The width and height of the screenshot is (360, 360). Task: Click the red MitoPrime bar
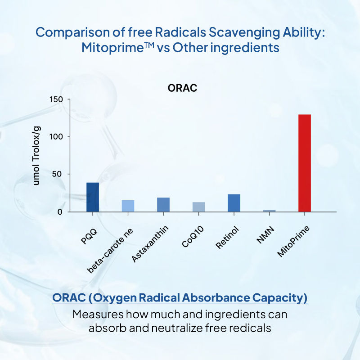(x=305, y=163)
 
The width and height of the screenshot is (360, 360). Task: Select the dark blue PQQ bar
(x=93, y=197)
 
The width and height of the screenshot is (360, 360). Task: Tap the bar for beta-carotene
(x=128, y=206)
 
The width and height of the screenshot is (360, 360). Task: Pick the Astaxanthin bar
(x=163, y=204)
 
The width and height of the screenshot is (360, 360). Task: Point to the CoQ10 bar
(x=198, y=207)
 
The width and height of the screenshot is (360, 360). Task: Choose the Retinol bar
(x=234, y=203)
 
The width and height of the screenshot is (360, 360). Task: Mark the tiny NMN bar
(x=269, y=211)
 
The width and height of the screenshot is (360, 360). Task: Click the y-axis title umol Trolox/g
(x=38, y=155)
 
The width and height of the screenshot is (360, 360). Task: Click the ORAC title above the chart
(x=182, y=88)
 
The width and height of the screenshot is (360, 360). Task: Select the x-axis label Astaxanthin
(x=151, y=246)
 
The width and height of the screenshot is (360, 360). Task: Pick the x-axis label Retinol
(x=228, y=238)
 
